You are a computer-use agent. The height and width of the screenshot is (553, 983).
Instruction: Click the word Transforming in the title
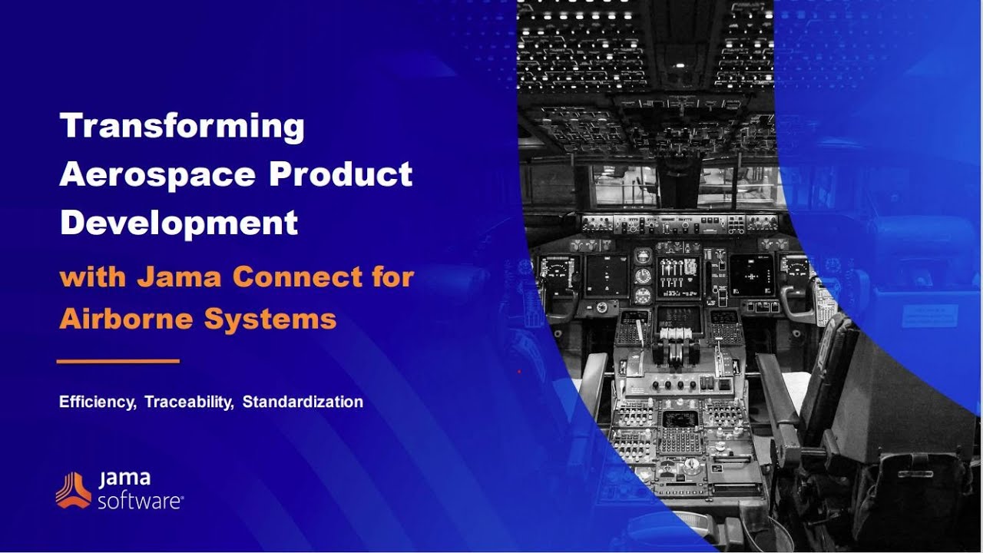point(182,126)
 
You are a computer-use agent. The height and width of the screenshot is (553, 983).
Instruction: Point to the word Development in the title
point(178,223)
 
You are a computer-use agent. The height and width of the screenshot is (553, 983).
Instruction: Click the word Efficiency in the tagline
point(96,402)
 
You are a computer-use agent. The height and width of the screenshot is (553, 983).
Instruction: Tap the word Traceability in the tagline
point(188,402)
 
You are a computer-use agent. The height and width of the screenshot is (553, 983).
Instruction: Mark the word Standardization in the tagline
point(303,402)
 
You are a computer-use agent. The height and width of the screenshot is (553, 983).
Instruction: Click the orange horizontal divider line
point(118,361)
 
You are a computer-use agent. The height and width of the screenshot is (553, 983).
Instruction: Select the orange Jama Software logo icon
point(73,490)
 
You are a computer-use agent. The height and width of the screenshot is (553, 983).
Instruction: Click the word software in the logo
point(139,502)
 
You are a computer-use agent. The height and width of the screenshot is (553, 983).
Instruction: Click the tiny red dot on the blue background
point(519,372)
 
